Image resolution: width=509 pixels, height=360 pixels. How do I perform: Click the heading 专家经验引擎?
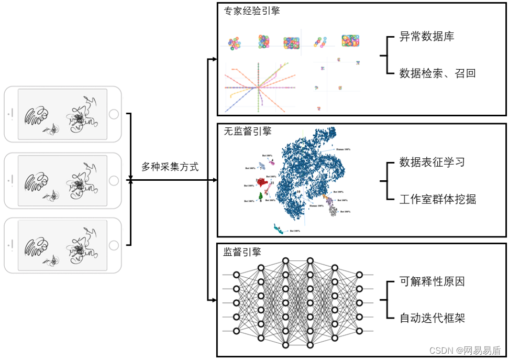coord(252,10)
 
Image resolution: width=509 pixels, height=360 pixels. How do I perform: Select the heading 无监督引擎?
coord(248,132)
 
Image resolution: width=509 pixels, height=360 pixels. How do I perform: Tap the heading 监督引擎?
coord(242,252)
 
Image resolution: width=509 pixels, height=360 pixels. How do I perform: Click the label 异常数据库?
coord(426,37)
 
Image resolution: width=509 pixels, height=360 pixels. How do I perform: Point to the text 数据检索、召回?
coord(437,73)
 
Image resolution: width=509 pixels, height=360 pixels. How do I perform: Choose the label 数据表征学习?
coord(432,162)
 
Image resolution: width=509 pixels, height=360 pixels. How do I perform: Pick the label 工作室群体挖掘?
coord(438,199)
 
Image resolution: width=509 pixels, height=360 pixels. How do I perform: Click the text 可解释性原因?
coord(432,281)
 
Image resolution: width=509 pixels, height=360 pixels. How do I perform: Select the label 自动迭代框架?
coord(432,318)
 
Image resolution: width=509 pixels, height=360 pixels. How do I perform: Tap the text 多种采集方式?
coord(170,167)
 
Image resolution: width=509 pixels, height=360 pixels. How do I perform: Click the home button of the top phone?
coord(114,114)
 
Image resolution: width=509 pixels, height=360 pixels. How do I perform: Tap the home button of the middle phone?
coord(114,180)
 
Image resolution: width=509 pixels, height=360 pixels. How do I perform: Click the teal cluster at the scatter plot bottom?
coord(278,228)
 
